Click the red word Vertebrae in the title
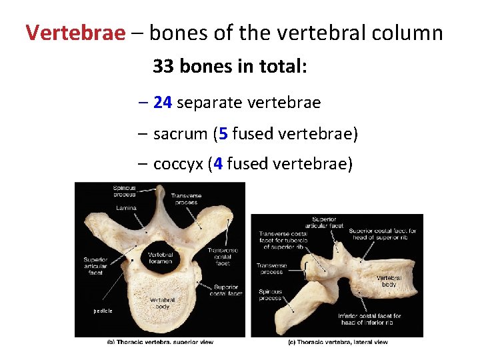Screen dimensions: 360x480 tap(75, 33)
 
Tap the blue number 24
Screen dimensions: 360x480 tap(163, 103)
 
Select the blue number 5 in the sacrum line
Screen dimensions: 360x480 tap(223, 134)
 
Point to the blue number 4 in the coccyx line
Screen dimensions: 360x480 tap(217, 164)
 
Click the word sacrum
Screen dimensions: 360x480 tap(179, 135)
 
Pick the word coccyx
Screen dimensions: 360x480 tap(177, 165)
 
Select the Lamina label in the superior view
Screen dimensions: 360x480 tap(126, 208)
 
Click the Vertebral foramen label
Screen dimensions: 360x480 tap(161, 258)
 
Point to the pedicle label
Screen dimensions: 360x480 tap(103, 311)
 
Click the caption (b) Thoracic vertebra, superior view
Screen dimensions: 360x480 tap(160, 342)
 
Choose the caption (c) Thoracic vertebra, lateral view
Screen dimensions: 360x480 tap(337, 342)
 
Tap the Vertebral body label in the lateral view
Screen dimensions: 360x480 tap(389, 281)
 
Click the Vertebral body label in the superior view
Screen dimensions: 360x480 tap(163, 303)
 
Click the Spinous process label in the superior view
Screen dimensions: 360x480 tap(125, 191)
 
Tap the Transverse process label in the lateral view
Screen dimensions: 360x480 tap(271, 269)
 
